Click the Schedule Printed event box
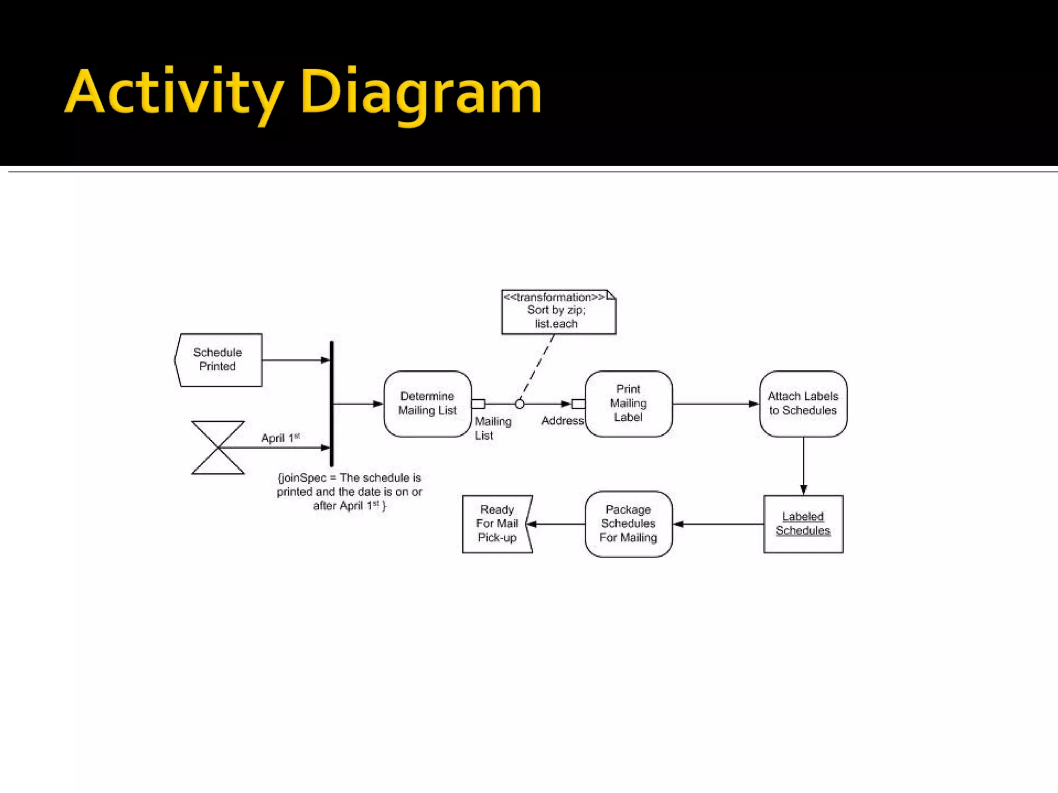219,360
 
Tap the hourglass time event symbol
218,448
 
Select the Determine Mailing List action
427,404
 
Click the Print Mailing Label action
628,404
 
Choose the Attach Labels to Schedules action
803,404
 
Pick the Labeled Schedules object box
803,524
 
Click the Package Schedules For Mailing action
628,524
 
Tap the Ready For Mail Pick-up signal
496,524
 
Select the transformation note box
558,312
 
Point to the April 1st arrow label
280,438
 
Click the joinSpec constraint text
349,492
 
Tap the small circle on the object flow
520,404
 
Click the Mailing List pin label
492,429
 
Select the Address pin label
562,421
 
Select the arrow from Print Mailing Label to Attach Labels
715,404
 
